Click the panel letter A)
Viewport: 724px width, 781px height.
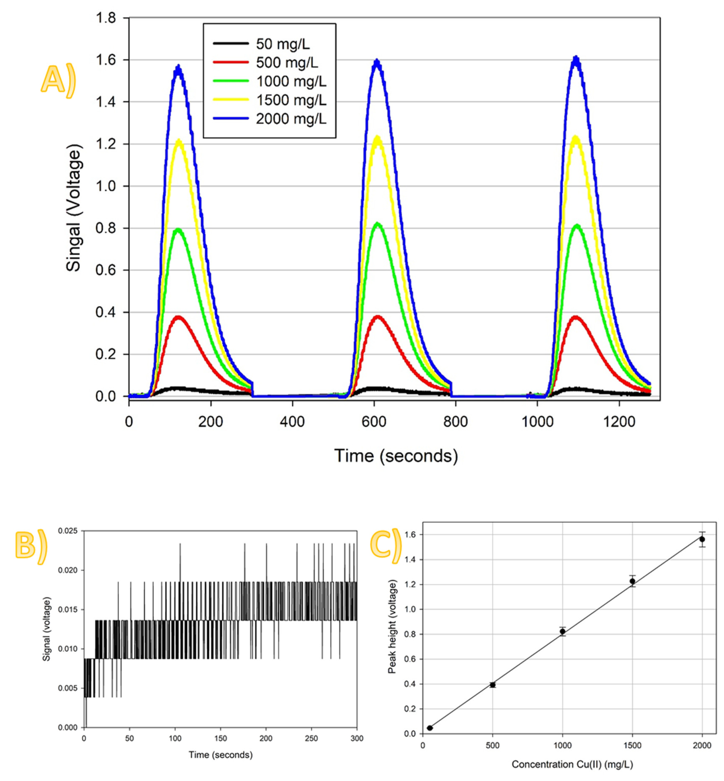coord(58,80)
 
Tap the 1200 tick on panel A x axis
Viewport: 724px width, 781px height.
coord(619,422)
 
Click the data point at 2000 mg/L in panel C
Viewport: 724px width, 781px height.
coord(702,539)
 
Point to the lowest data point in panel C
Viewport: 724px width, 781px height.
coord(430,728)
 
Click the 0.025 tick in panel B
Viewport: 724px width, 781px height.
coord(68,531)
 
